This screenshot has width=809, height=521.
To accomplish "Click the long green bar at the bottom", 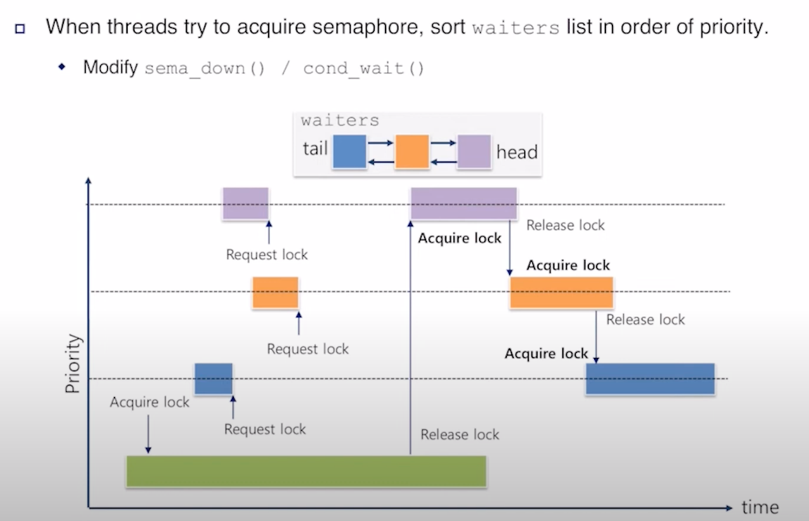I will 306,471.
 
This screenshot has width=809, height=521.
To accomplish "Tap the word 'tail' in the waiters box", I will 315,149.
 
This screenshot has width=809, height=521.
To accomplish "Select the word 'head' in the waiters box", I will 517,152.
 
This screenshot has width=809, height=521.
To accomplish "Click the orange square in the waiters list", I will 411,152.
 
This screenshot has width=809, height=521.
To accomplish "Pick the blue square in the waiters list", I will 349,152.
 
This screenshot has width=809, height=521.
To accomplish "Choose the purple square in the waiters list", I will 473,152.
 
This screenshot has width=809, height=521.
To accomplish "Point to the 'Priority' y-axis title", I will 74,364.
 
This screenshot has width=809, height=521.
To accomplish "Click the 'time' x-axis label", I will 760,507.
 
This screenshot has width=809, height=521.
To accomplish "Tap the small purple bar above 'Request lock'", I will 245,204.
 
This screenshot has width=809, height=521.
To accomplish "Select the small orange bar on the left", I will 275,292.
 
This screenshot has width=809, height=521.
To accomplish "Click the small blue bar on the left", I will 213,379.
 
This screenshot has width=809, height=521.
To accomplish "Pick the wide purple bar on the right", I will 463,204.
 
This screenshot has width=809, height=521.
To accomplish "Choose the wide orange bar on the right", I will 561,292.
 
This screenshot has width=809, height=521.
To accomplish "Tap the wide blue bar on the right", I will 650,379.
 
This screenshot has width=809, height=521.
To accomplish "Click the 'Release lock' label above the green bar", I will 459,434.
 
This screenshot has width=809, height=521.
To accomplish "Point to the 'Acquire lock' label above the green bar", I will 149,402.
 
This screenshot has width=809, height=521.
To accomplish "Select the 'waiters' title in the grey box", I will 339,120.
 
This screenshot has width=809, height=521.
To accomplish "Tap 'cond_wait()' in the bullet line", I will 363,68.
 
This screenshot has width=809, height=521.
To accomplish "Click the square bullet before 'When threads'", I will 20,29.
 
